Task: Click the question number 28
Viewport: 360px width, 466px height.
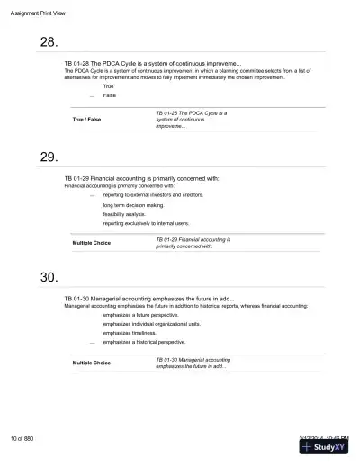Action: [x=50, y=42]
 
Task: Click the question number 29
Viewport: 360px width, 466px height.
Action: [x=50, y=157]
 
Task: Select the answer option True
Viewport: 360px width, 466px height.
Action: [x=109, y=86]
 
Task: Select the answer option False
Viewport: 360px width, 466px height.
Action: [x=110, y=94]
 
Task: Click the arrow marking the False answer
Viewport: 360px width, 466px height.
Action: [x=92, y=95]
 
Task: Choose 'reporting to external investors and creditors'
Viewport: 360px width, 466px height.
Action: [x=153, y=194]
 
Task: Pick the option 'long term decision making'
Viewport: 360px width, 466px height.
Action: [x=133, y=206]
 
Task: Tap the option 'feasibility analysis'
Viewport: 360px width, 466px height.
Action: [x=125, y=214]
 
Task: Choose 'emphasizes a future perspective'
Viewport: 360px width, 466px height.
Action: [x=140, y=316]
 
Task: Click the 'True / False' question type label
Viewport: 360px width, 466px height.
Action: [x=85, y=120]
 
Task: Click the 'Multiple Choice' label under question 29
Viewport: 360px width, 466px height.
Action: [x=92, y=244]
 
